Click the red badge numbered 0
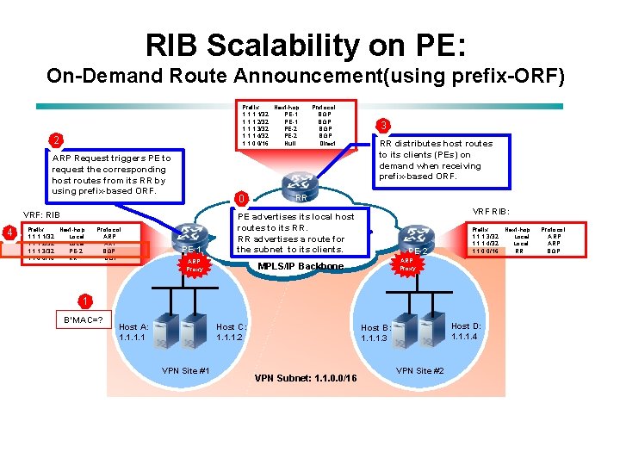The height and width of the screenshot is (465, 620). (x=243, y=200)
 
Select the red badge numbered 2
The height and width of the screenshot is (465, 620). (x=55, y=139)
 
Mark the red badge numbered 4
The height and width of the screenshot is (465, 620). (x=9, y=232)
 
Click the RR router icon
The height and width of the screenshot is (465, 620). (x=301, y=183)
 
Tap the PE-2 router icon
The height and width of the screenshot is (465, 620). (x=416, y=235)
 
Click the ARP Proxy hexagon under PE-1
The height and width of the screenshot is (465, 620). (x=195, y=264)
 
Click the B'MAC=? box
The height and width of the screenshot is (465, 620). (x=84, y=321)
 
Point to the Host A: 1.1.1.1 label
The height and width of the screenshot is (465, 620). (x=133, y=332)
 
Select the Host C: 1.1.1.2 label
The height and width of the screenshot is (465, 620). (x=232, y=332)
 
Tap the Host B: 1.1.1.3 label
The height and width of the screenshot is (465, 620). (x=375, y=333)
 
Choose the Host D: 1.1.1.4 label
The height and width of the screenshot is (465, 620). (x=466, y=331)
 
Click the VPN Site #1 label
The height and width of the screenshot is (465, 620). (x=186, y=370)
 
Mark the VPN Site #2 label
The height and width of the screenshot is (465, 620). (x=419, y=370)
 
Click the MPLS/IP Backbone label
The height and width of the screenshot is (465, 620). (x=301, y=267)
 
